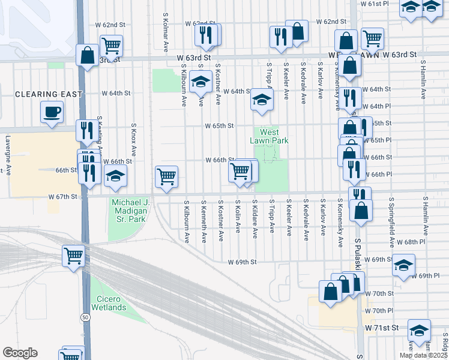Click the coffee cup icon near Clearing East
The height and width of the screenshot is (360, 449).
point(52,111)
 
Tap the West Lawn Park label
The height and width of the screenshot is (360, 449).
point(269,136)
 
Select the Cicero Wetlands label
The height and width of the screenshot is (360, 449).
point(109,303)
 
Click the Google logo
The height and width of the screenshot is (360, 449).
point(20,352)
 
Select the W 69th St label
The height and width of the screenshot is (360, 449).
point(242,262)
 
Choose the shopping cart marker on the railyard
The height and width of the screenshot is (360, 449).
point(74,256)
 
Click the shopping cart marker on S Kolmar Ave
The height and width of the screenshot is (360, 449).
point(166,176)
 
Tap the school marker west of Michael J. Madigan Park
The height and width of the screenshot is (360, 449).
point(116,176)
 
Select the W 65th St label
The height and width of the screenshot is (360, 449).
point(218,126)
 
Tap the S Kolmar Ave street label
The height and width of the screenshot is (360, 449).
point(165,31)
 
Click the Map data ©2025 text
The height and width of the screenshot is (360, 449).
point(423,355)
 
